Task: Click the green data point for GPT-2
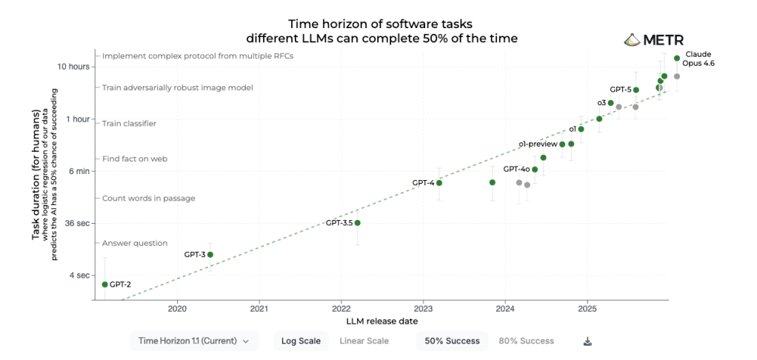[x=104, y=284]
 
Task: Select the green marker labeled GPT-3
[x=210, y=255]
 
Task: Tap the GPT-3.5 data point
[x=357, y=223]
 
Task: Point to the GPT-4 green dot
[x=439, y=183]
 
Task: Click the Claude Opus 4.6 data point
[x=677, y=58]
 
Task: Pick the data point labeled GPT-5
[x=636, y=90]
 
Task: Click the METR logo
[x=654, y=40]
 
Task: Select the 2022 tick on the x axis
[x=341, y=309]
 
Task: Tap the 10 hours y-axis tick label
[x=74, y=67]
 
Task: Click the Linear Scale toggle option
[x=364, y=341]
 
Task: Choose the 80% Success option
[x=526, y=341]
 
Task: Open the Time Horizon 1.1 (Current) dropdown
[x=195, y=341]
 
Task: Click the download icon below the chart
[x=588, y=341]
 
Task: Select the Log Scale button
[x=301, y=341]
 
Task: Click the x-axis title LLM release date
[x=382, y=321]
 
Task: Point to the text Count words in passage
[x=148, y=199]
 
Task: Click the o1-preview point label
[x=537, y=144]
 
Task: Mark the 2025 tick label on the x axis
[x=587, y=309]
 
